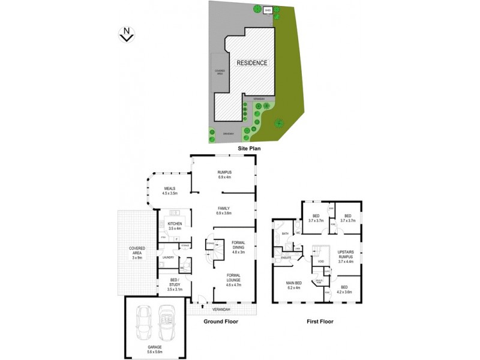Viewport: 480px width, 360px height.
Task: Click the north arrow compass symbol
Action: click(x=126, y=34)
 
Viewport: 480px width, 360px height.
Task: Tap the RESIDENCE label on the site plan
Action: click(x=252, y=62)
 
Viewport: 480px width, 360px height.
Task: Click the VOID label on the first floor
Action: click(x=320, y=262)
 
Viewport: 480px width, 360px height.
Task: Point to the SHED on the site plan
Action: click(x=268, y=10)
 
